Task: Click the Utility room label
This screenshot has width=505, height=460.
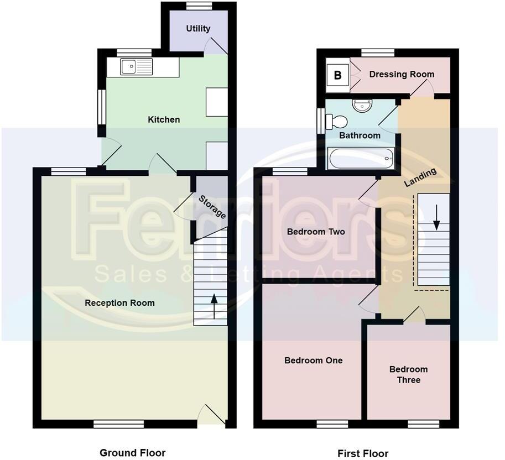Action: [x=198, y=29]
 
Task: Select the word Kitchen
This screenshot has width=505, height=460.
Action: [x=164, y=119]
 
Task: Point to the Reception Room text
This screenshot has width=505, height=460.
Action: [x=119, y=303]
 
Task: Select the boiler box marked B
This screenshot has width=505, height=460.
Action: [x=337, y=74]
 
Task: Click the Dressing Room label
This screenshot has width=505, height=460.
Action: [x=402, y=74]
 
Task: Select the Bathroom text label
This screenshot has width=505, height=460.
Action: [x=360, y=135]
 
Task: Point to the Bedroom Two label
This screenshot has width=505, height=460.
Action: [x=316, y=232]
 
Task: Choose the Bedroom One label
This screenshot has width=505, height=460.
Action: [x=313, y=360]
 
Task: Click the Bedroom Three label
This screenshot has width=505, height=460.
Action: [x=408, y=375]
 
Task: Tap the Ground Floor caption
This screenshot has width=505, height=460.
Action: [x=132, y=453]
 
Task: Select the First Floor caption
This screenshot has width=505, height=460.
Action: [x=363, y=453]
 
